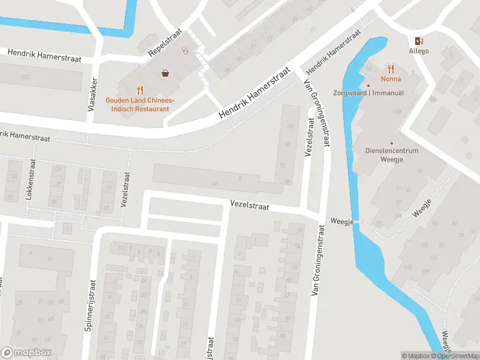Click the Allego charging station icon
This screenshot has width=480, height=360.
click(x=418, y=41)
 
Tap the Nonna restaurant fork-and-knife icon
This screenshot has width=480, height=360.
click(x=391, y=68)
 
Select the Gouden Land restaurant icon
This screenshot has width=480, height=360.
click(x=140, y=90)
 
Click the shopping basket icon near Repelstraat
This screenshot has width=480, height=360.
click(x=164, y=73)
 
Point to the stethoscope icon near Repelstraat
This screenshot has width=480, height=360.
click(x=187, y=51)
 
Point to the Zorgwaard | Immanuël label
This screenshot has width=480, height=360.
click(x=368, y=93)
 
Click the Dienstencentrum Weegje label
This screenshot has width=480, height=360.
click(x=392, y=155)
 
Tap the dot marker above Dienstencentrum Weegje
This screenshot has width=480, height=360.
click(x=392, y=143)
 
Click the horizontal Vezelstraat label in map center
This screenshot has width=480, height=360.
click(x=250, y=205)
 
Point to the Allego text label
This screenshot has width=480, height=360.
click(x=418, y=52)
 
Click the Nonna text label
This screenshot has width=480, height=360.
click(x=391, y=79)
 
